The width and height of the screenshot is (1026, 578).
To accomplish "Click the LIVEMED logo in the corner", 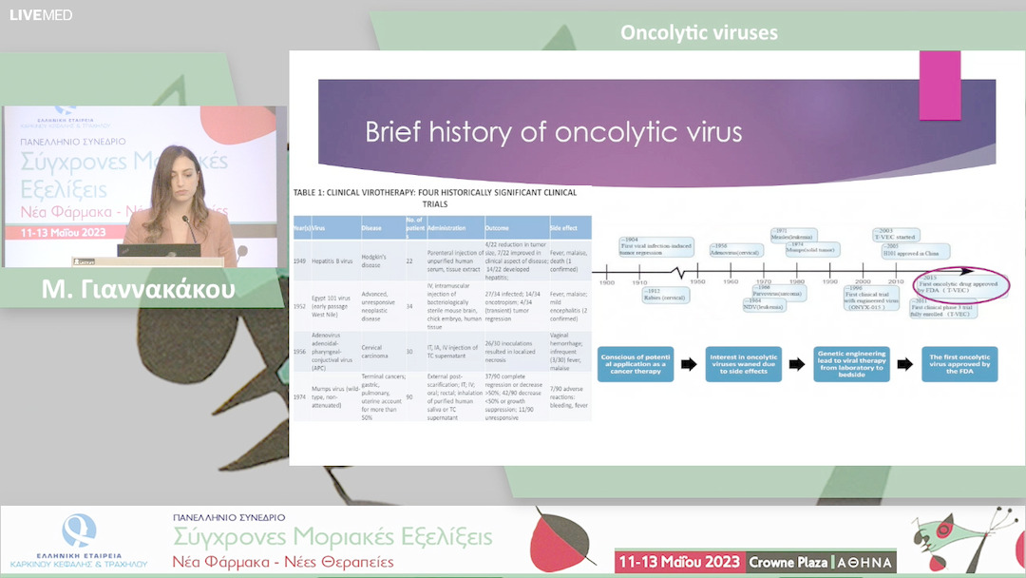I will click(41, 14).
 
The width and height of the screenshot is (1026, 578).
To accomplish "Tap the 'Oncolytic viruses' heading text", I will click(698, 33).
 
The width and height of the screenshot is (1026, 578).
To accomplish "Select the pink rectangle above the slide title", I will click(940, 85).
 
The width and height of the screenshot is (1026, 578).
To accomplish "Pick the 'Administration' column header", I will click(446, 228).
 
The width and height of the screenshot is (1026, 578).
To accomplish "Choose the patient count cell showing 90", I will click(409, 397).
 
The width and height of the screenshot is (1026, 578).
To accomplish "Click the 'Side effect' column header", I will click(564, 228).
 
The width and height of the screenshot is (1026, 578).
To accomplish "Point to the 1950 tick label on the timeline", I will click(697, 282).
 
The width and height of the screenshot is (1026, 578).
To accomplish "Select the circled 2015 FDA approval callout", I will click(960, 284).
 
